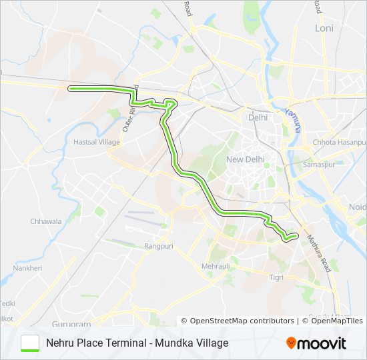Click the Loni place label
(x=324, y=29)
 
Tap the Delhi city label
(x=258, y=117)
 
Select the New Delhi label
(x=246, y=159)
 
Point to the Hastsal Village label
(x=97, y=142)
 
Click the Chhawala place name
(x=45, y=221)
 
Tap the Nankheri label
(x=27, y=268)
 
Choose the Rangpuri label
(x=159, y=246)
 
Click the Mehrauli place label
(x=216, y=266)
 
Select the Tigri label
(x=276, y=277)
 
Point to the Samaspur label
(x=318, y=164)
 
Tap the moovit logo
(x=316, y=343)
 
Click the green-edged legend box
(x=31, y=343)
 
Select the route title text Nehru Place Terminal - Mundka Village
(x=137, y=343)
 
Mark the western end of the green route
(x=70, y=88)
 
